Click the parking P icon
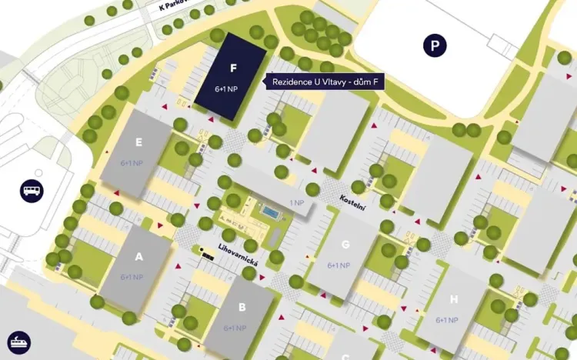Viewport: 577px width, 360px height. click(435, 46)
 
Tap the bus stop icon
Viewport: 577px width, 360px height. click(32, 191)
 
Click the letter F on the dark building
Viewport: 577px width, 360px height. click(233, 68)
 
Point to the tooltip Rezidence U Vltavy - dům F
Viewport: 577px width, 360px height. click(325, 82)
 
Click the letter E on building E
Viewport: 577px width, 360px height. click(138, 142)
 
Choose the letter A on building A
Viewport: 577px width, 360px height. click(139, 257)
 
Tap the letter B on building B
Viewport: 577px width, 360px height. click(242, 308)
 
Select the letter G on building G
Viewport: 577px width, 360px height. click(345, 245)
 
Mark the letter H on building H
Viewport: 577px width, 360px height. click(454, 300)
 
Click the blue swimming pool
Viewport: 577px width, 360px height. click(271, 211)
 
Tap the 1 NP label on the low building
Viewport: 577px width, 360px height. click(296, 202)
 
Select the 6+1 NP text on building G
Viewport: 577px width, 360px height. click(339, 265)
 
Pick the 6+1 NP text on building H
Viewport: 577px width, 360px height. click(447, 320)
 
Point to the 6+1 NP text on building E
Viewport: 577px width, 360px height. click(132, 163)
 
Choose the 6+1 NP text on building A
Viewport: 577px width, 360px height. click(132, 277)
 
